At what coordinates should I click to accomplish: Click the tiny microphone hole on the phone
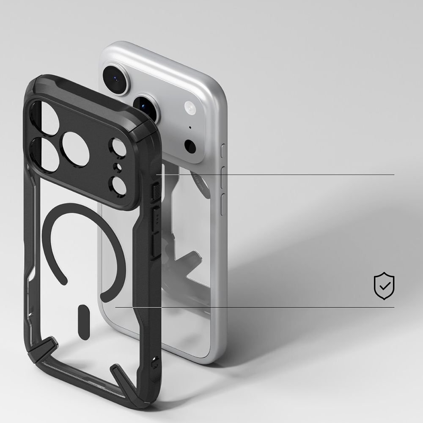click(190, 127)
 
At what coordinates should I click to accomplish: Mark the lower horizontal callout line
click(254, 307)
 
